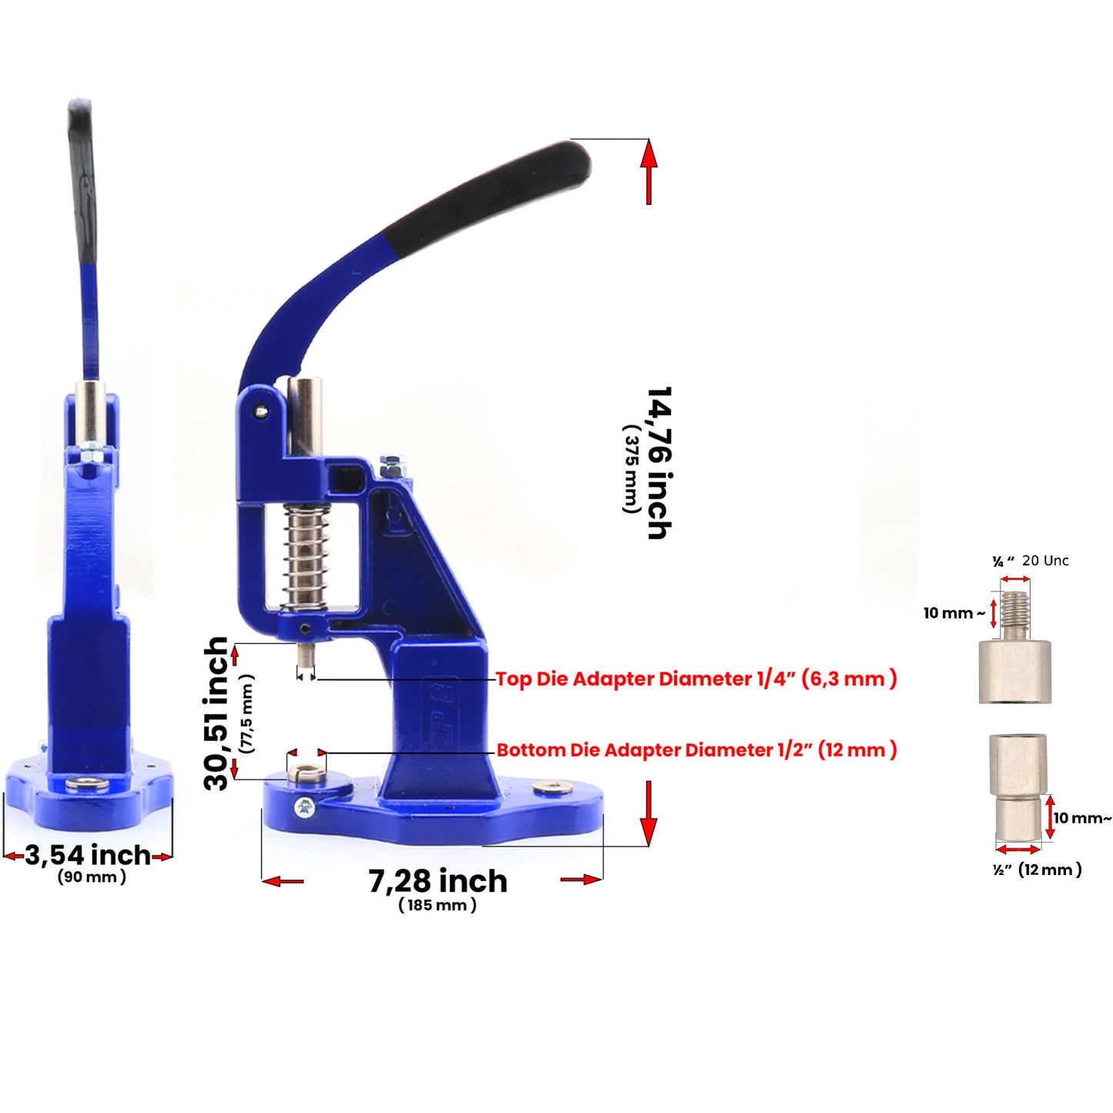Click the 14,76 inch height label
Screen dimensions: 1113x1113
[x=659, y=463]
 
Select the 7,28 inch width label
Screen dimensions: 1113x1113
[x=437, y=881]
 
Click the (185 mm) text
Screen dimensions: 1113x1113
[x=437, y=905]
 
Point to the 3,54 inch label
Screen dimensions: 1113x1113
[x=88, y=855]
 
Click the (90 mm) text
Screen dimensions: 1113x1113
[x=92, y=877]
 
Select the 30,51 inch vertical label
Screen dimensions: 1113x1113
[x=217, y=713]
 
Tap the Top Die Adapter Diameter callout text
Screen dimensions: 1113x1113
[x=696, y=679]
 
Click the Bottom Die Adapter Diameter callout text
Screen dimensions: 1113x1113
[x=696, y=750]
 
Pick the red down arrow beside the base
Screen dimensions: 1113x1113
[x=649, y=813]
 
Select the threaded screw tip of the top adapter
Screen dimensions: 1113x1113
[x=1015, y=613]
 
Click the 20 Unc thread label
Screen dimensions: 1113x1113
[x=1045, y=561]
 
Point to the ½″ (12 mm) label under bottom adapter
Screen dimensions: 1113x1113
[x=1037, y=870]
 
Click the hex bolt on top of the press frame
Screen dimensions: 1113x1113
[x=391, y=464]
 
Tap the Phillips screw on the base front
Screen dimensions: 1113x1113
[x=304, y=807]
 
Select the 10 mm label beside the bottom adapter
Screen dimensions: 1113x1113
[x=1082, y=818]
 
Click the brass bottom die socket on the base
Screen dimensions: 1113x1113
[x=307, y=771]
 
